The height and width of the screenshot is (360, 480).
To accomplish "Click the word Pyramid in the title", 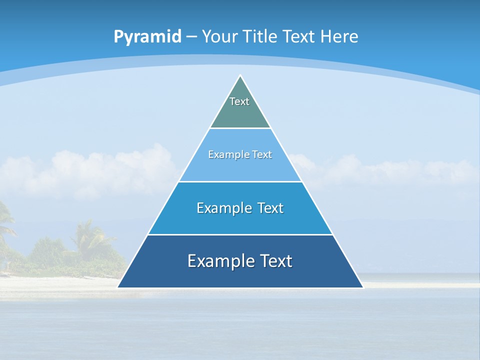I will coord(147,37).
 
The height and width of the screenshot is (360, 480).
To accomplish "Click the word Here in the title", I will coord(339,36).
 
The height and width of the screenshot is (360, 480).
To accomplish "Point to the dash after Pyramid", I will coord(191,37).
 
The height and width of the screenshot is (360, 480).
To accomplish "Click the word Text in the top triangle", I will coord(239,101).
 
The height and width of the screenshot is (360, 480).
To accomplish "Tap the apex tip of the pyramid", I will coord(240,75).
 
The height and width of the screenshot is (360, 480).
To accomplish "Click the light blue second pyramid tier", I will coord(240,167).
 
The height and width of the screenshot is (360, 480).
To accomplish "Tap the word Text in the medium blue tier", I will coord(270,208).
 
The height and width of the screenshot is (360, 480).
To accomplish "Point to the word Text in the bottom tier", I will coord(276,261).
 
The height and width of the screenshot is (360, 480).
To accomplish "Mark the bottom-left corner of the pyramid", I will coord(118,287).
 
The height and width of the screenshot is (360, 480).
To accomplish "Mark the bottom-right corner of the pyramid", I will coord(362,287).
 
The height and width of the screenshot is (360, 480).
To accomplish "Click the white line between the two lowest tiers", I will coord(240,234).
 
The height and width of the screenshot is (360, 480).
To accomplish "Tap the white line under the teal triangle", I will coord(240,128).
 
